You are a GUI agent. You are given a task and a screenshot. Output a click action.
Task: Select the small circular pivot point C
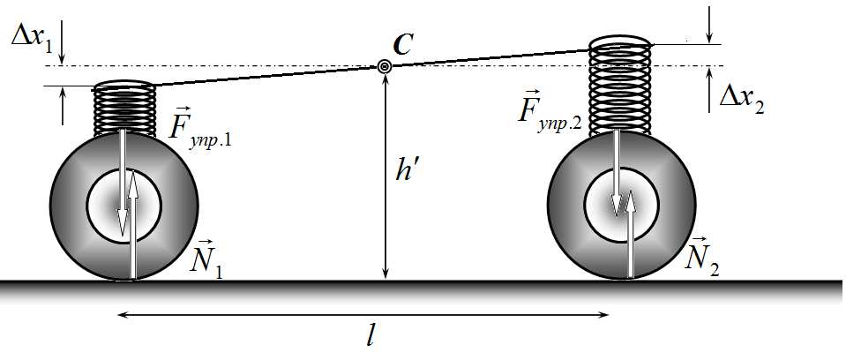[x=384, y=66]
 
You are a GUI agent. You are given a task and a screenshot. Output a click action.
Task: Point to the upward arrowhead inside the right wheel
[x=629, y=199]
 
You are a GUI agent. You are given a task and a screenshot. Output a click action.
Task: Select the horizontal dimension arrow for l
[x=363, y=315]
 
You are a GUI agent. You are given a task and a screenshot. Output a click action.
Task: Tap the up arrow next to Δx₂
[x=709, y=90]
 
